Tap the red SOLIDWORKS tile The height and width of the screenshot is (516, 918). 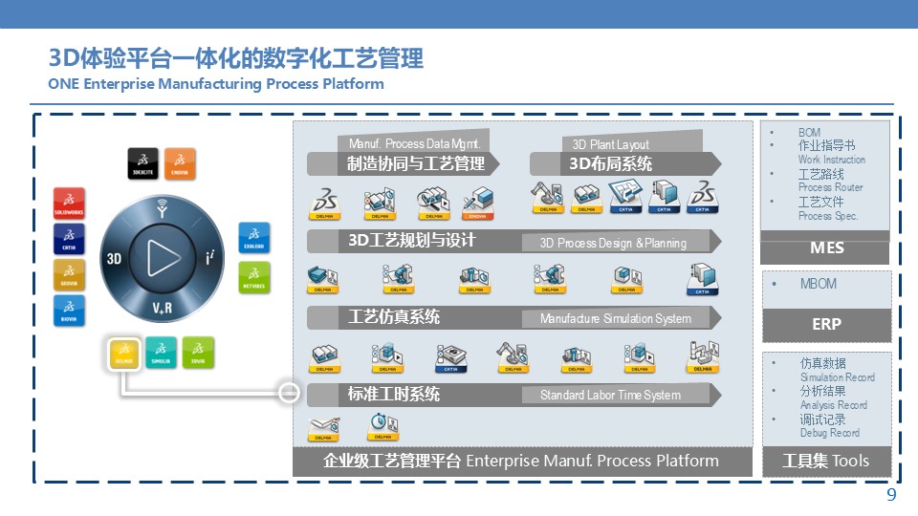click(70, 204)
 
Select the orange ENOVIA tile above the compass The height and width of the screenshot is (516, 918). click(180, 162)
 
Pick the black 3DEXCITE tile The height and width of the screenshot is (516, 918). click(142, 162)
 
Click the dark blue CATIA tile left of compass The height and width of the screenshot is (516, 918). click(70, 239)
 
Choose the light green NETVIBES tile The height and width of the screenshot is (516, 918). click(253, 277)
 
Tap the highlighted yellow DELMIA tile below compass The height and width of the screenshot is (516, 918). click(124, 354)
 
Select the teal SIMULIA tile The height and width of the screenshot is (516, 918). click(162, 354)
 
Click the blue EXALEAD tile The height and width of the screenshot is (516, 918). click(253, 239)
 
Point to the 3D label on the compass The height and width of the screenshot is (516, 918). click(114, 258)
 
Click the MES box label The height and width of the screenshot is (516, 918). click(826, 248)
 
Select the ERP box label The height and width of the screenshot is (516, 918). click(826, 324)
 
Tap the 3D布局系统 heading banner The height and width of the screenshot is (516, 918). click(611, 163)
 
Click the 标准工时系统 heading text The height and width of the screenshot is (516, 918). click(393, 394)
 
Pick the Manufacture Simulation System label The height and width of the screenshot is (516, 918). click(615, 318)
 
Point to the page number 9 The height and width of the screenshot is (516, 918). click(891, 495)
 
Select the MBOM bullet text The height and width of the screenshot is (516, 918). click(818, 284)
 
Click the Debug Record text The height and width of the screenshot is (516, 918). click(829, 433)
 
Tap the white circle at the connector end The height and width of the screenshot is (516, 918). click(288, 393)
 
